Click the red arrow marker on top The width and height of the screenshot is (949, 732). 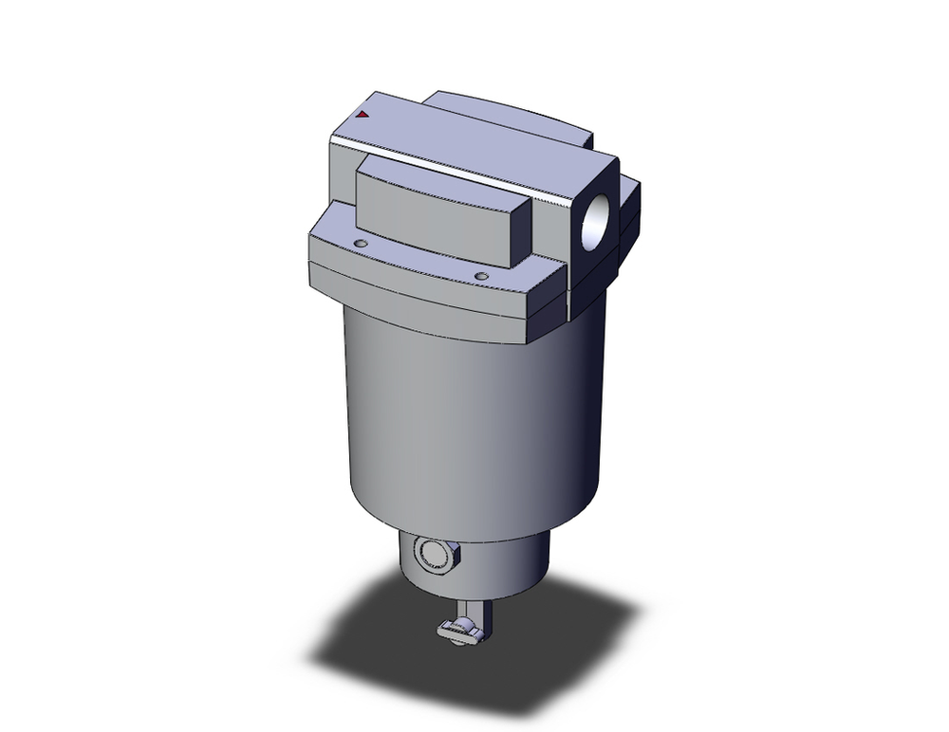[x=363, y=115]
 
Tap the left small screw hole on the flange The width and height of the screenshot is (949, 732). [x=359, y=244]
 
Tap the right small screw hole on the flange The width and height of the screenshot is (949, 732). [x=481, y=276]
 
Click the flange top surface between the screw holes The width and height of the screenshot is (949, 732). [x=418, y=258]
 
